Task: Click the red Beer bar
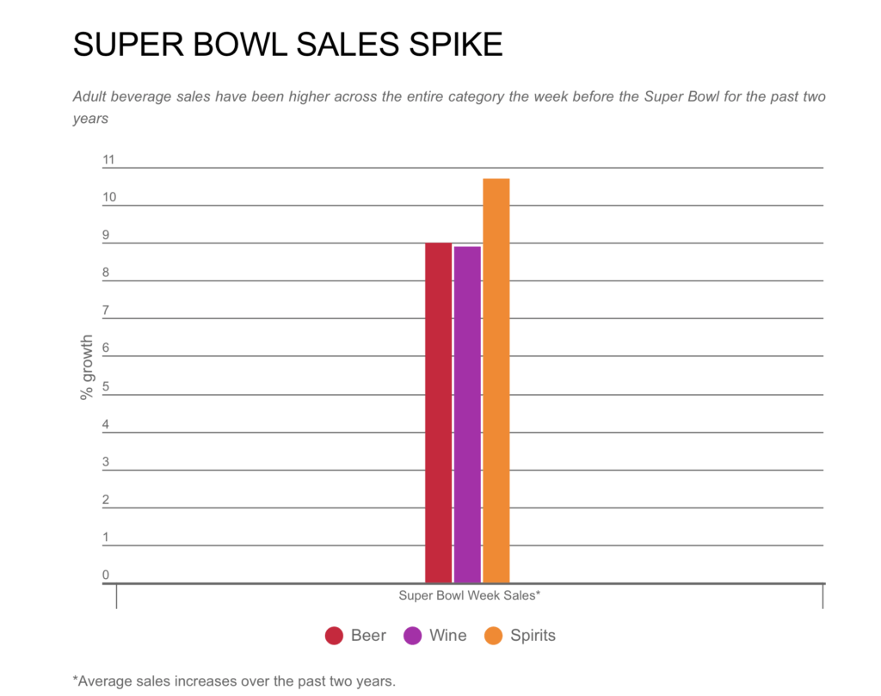coord(438,413)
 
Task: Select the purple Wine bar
coord(467,415)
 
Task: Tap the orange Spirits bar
coord(496,381)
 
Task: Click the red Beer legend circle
coord(335,636)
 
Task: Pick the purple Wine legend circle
coord(413,636)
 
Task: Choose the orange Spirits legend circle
coord(494,636)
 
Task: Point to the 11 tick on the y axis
coord(108,159)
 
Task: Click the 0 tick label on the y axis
coord(106,575)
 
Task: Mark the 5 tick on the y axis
coord(106,386)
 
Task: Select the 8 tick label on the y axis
coord(106,273)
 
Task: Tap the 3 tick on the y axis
coord(106,462)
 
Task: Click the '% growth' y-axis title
coord(86,367)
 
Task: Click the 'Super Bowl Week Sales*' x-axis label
coord(469,594)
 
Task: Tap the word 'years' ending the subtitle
coord(90,119)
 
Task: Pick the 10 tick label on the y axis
coord(108,197)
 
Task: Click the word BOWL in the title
coord(240,45)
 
